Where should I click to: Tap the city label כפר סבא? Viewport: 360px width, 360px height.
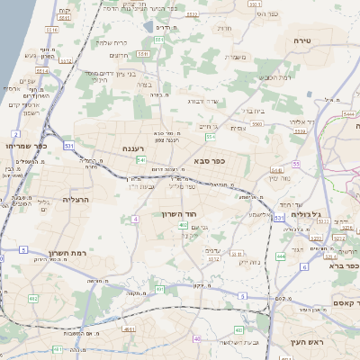[x=209, y=162]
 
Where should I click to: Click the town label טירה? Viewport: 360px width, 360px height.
[x=302, y=41]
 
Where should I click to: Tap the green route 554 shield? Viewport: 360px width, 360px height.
[x=210, y=138]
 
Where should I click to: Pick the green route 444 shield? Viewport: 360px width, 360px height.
[x=281, y=256]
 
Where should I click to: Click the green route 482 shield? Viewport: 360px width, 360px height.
[x=33, y=299]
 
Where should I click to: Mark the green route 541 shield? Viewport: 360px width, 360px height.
[x=141, y=159]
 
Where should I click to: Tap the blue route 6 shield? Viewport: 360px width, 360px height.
[x=305, y=267]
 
